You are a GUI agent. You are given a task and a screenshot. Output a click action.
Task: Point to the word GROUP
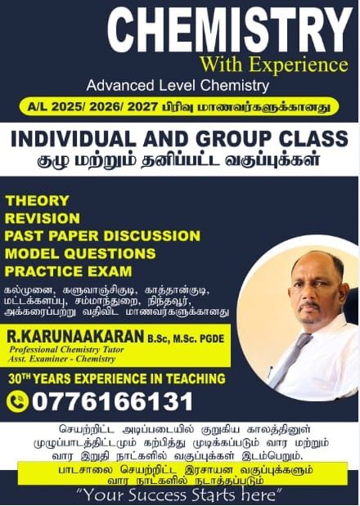(x=233, y=139)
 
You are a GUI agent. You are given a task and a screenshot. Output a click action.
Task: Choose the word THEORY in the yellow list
(x=38, y=201)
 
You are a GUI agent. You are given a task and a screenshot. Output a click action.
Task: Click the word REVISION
(x=43, y=218)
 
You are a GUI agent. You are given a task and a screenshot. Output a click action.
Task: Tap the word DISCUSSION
(x=151, y=236)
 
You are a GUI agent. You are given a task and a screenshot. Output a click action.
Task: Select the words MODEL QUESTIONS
(x=80, y=253)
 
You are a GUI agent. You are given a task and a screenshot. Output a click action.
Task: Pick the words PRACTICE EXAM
(x=69, y=271)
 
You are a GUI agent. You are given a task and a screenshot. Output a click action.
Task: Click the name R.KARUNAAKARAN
(x=75, y=336)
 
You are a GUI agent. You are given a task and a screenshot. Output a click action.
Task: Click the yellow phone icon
(x=17, y=401)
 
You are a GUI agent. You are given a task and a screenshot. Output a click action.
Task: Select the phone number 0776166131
(x=112, y=401)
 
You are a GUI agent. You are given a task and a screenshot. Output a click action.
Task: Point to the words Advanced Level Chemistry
(x=178, y=86)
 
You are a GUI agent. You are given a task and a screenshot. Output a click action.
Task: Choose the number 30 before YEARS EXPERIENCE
(x=16, y=378)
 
